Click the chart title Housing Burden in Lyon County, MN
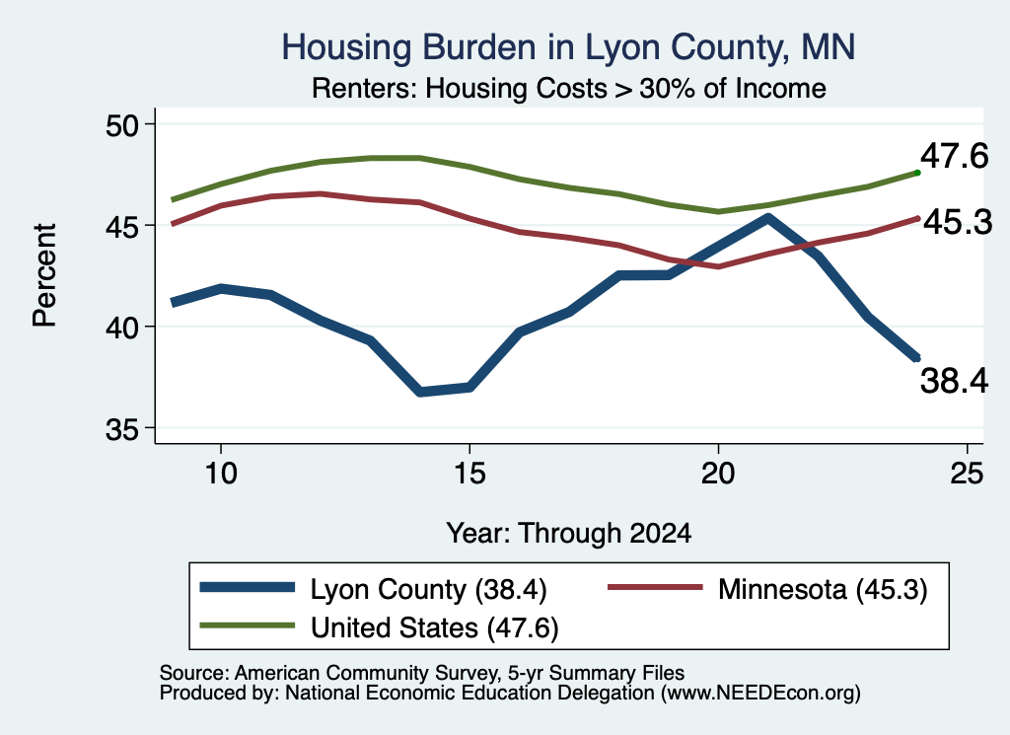568,47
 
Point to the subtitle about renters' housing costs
569,88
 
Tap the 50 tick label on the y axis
122,125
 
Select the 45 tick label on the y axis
122,226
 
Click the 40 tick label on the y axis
122,328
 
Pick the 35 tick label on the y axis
122,428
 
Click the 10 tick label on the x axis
221,474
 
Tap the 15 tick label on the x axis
469,474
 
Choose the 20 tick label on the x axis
718,474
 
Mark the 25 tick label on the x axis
967,474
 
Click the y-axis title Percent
44,275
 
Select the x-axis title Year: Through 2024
569,534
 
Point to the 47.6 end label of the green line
954,156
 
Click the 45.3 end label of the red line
958,223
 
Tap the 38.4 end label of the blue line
954,380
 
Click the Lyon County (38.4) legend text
428,589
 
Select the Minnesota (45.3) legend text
823,589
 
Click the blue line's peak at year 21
767,218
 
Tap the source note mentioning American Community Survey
422,673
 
